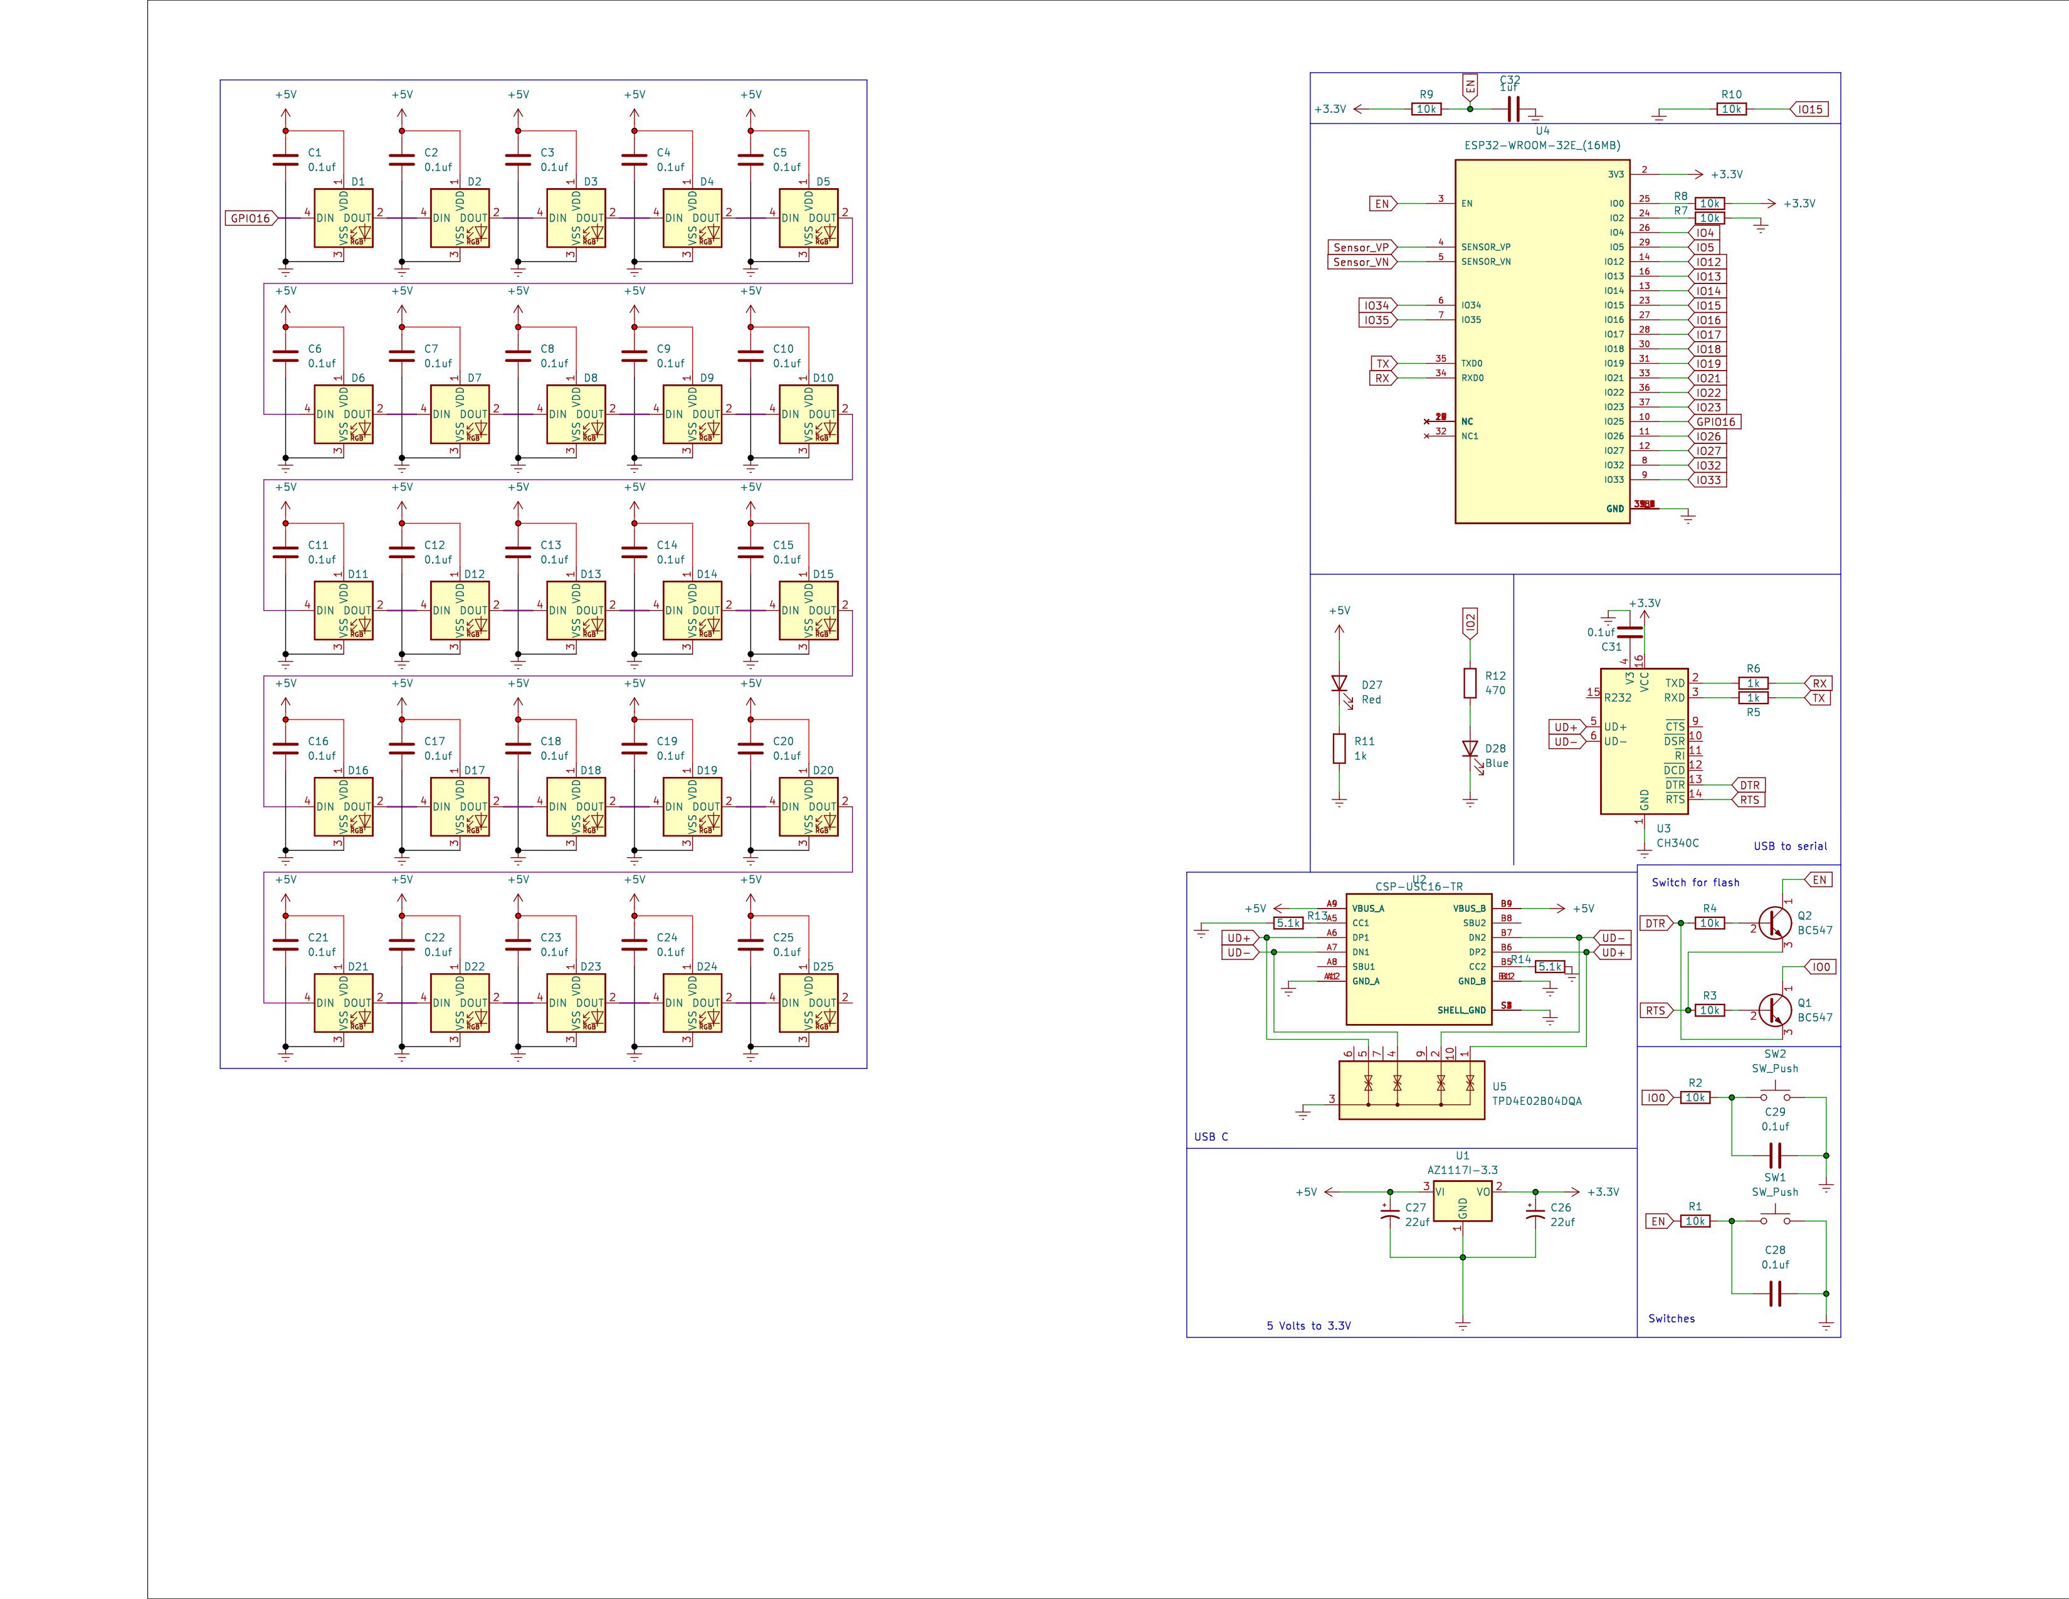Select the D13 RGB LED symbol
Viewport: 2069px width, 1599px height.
(576, 611)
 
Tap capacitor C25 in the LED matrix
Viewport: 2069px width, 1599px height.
(750, 944)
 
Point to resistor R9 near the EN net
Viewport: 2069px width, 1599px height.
(1426, 110)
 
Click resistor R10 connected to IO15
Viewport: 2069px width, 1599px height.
(1732, 110)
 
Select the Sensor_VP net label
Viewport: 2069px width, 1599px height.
(1361, 247)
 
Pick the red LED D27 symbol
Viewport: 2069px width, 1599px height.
(1339, 683)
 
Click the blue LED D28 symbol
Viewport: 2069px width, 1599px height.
(1470, 748)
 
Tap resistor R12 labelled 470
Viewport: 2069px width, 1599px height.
(1470, 683)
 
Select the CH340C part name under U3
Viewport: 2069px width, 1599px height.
(1678, 843)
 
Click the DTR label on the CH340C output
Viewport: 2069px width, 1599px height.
(1749, 785)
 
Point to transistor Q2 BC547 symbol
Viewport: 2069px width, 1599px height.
(1774, 922)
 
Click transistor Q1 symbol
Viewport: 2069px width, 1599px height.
(1774, 1010)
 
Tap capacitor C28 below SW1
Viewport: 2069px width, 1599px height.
(1776, 1293)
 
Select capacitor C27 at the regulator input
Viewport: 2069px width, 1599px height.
(1390, 1215)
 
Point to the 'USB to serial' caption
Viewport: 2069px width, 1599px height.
(1789, 846)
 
